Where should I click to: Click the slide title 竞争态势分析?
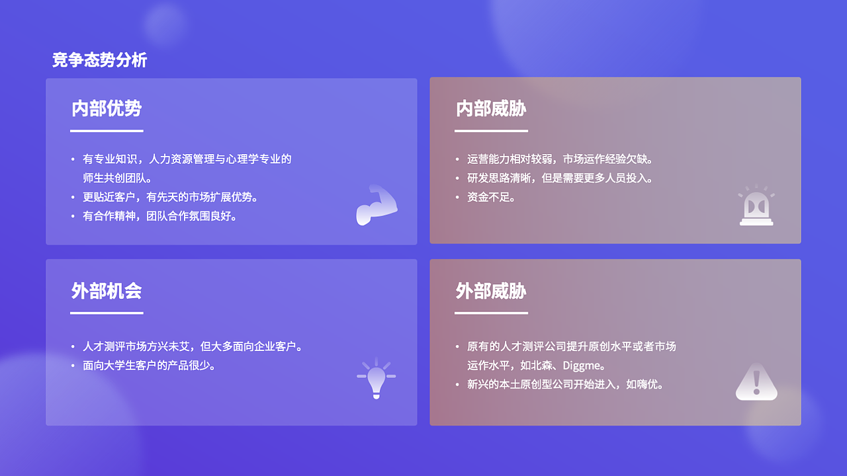click(x=99, y=60)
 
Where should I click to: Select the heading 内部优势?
click(x=107, y=108)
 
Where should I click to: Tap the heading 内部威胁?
click(x=491, y=108)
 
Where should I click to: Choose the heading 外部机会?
click(x=107, y=291)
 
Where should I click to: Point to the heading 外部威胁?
click(x=491, y=291)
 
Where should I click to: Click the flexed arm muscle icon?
click(x=377, y=205)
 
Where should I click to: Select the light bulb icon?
click(x=377, y=377)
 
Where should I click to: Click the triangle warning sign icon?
click(x=756, y=381)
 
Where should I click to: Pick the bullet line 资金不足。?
click(x=491, y=197)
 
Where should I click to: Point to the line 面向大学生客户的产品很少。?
click(x=149, y=366)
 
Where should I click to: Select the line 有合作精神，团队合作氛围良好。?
click(x=159, y=216)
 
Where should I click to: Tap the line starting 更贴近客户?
click(x=170, y=197)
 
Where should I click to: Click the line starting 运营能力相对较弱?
click(x=560, y=159)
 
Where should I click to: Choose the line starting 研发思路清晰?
click(x=560, y=178)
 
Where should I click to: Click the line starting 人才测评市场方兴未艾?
click(x=192, y=346)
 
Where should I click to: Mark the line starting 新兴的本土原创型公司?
click(x=565, y=384)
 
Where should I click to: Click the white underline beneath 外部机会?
click(x=107, y=313)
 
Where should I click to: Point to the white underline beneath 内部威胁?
click(x=491, y=131)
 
